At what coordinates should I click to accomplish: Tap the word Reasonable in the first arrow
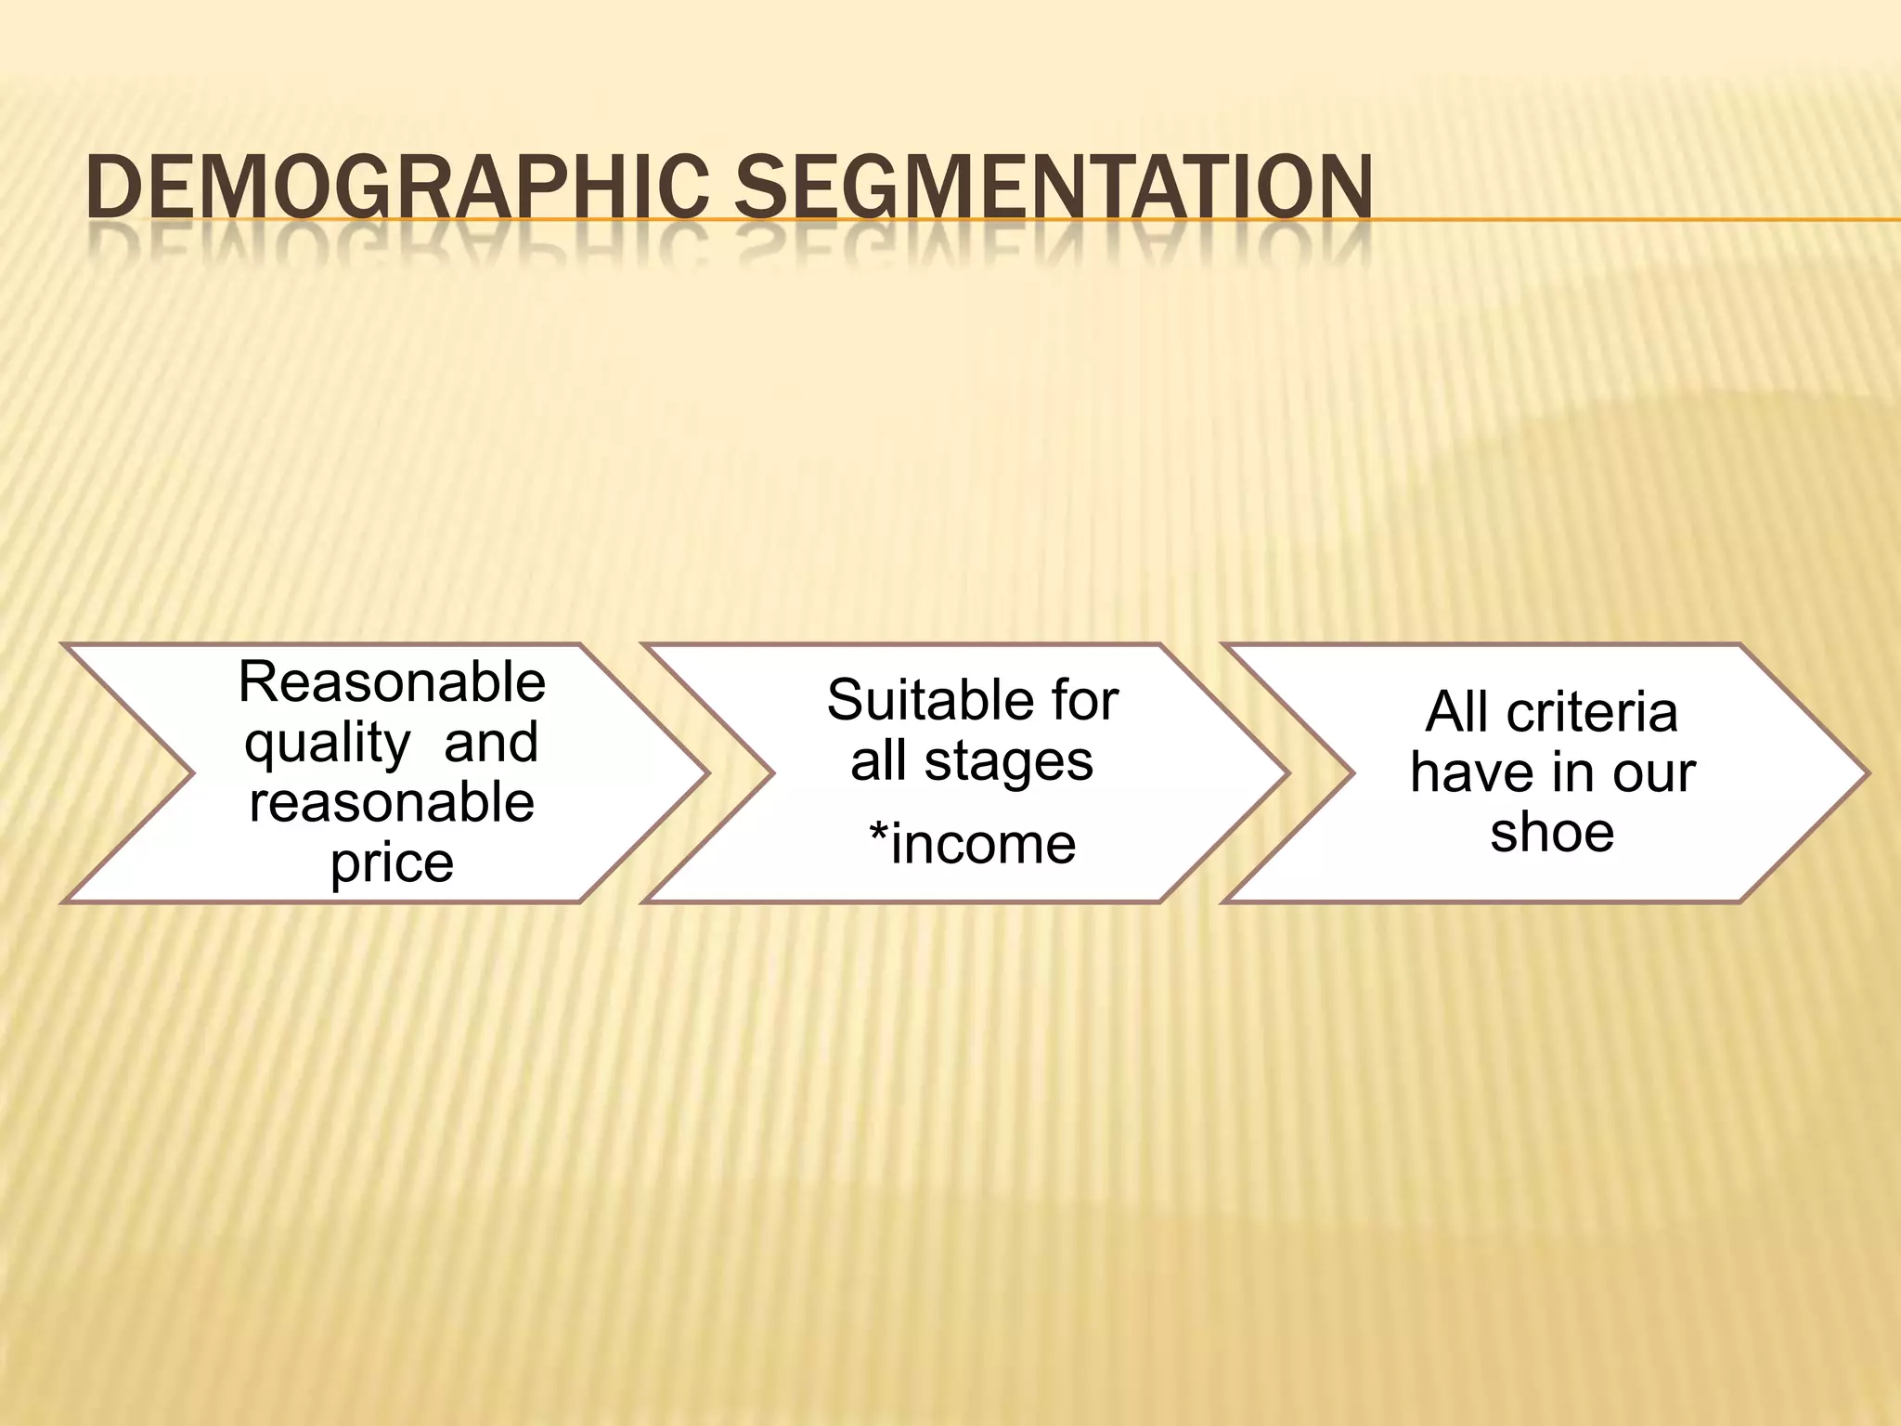[392, 682]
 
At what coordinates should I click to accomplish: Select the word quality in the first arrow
[327, 743]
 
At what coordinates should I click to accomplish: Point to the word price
[392, 863]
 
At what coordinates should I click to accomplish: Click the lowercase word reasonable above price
[392, 802]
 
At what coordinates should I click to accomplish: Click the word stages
[1009, 761]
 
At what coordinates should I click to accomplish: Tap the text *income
[972, 844]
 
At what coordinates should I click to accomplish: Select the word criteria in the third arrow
[1592, 712]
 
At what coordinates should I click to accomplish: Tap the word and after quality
[491, 743]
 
